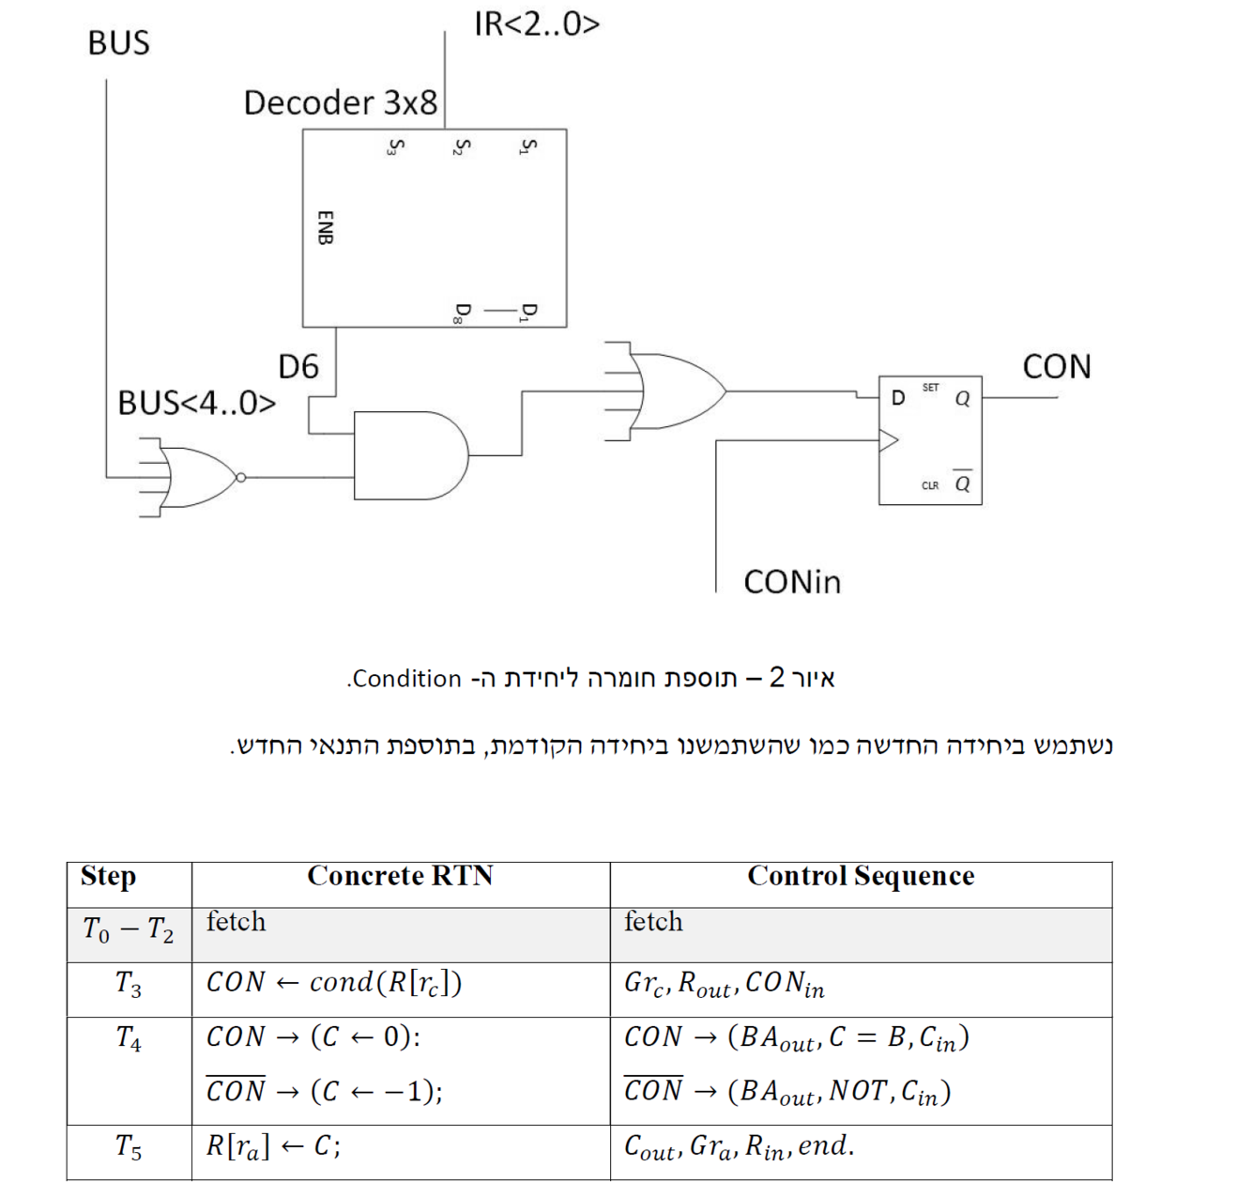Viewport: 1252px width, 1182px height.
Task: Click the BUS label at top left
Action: click(x=118, y=43)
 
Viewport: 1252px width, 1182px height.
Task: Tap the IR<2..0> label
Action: click(x=536, y=24)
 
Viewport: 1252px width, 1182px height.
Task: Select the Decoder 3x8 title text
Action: click(x=340, y=102)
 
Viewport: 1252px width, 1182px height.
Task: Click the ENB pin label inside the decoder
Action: click(x=325, y=227)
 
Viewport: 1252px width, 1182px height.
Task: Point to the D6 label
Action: click(x=298, y=366)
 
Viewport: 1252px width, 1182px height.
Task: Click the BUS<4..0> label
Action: click(x=196, y=403)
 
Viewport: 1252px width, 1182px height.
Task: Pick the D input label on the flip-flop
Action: click(x=898, y=398)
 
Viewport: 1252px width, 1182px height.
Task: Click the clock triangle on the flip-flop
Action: click(x=888, y=439)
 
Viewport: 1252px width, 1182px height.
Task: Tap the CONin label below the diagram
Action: click(x=792, y=582)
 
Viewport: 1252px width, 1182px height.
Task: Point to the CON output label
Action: click(x=1057, y=366)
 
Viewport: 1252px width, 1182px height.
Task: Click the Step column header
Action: click(x=108, y=876)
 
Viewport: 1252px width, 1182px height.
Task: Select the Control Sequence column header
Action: click(x=861, y=876)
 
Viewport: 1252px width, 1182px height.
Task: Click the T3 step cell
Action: click(x=129, y=984)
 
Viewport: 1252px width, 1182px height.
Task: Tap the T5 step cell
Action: click(x=129, y=1146)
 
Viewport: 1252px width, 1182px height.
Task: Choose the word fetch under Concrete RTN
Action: click(x=236, y=922)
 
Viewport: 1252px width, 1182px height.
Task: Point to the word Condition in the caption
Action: click(x=407, y=679)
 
